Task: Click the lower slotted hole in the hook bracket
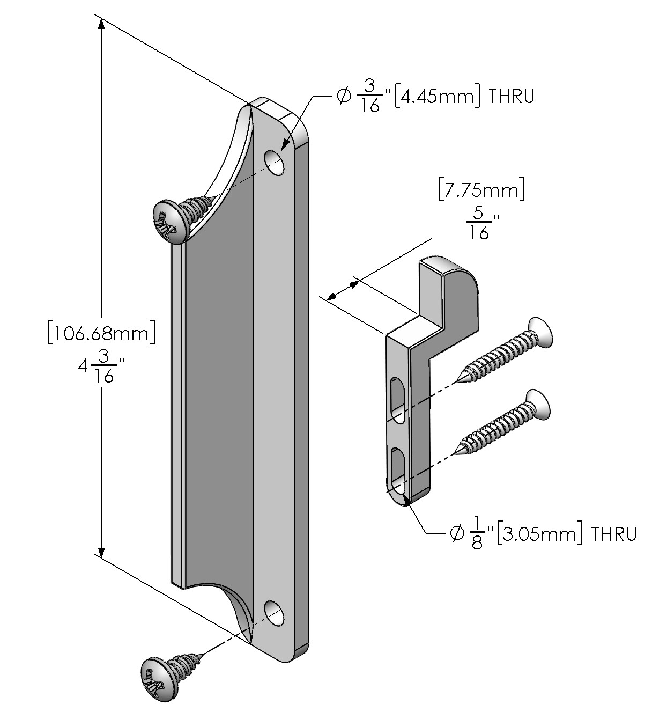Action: coord(397,472)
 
